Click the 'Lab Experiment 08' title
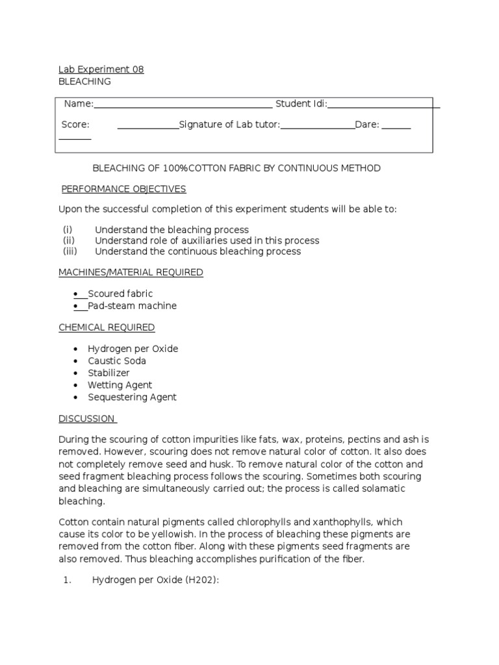pos(101,69)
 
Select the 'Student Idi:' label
pos(301,104)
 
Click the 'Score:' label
pos(75,125)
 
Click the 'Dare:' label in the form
pos(367,125)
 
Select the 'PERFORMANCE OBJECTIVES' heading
pos(123,189)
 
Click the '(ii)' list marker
pos(69,241)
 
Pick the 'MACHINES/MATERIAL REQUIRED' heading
pos(131,273)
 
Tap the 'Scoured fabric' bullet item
pos(120,294)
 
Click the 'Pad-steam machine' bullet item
pos(132,306)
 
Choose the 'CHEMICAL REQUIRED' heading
pos(107,327)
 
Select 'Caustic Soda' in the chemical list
pos(117,361)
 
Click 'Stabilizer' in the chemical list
pos(109,373)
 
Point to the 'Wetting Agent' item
pos(120,385)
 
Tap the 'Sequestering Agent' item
pos(132,397)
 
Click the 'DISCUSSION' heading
pos(86,419)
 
